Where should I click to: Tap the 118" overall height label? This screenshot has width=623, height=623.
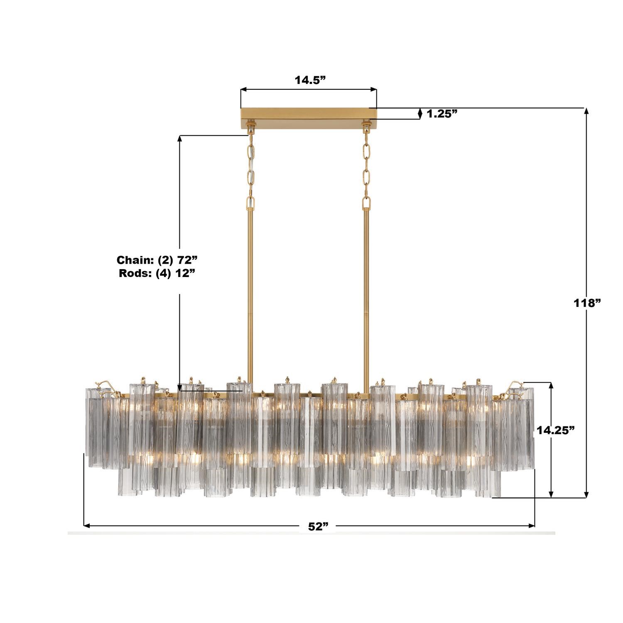[587, 303]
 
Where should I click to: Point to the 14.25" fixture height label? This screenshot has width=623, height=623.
[555, 430]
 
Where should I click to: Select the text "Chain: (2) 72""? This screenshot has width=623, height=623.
[156, 260]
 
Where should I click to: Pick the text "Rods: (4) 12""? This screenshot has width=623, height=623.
[157, 273]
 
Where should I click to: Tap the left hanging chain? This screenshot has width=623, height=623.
[251, 166]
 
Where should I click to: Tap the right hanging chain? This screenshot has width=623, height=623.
[366, 166]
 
